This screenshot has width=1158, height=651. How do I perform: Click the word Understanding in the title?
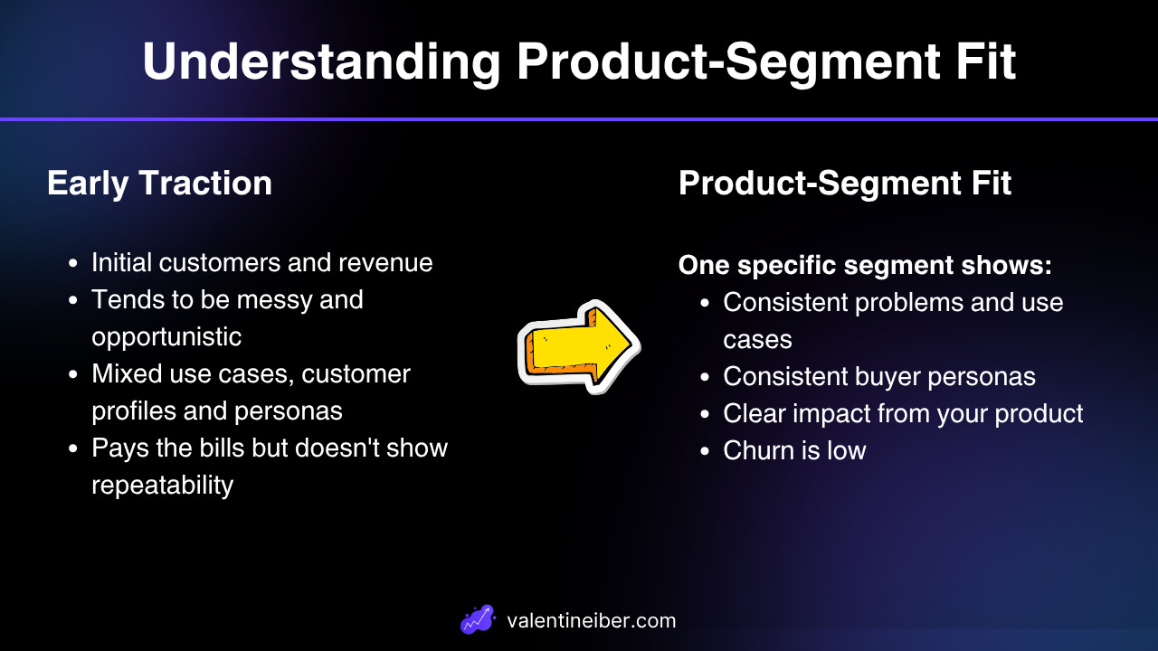321,62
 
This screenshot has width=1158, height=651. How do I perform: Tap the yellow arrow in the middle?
579,346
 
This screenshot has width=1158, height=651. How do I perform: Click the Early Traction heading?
159,184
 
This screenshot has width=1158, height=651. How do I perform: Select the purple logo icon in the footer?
478,619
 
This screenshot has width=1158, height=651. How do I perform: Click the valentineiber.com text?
592,620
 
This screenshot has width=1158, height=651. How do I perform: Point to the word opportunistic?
166,337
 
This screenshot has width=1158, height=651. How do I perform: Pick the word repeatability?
162,486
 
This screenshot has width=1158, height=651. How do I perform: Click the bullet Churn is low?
794,450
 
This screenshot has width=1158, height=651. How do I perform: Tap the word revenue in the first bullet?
385,262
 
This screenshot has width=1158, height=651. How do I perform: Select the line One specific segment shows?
865,265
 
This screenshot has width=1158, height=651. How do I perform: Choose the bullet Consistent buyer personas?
878,377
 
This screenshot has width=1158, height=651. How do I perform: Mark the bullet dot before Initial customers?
73,263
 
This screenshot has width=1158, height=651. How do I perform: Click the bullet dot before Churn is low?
705,451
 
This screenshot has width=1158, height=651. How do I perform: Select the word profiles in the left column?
133,411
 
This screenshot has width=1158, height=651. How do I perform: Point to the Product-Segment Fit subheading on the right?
845,184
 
